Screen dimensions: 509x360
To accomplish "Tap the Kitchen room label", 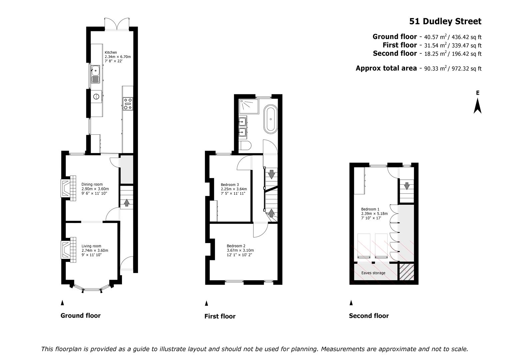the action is [x=111, y=53].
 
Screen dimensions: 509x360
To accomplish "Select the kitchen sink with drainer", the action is [x=95, y=74].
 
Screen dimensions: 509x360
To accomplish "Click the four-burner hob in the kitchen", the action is [x=128, y=104].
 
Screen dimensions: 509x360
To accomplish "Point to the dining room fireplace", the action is [x=68, y=188].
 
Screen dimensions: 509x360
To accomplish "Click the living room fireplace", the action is [x=68, y=250].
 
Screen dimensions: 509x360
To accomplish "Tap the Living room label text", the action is [x=91, y=246].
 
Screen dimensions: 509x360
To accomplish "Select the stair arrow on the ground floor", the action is [x=127, y=203].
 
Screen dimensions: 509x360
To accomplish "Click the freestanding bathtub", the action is [x=270, y=119].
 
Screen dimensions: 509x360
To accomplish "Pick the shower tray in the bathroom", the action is [x=249, y=106].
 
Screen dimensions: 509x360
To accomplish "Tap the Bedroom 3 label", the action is [x=230, y=185].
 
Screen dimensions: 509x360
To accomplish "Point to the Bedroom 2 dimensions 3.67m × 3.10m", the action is [x=240, y=250].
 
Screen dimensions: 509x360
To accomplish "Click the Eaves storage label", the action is [x=373, y=273].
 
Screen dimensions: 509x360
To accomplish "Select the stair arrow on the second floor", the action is [x=407, y=186].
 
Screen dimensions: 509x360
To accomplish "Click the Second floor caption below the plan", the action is [x=369, y=316].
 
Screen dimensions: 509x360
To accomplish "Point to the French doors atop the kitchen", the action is [x=117, y=24].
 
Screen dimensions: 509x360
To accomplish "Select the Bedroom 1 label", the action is [x=370, y=209].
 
